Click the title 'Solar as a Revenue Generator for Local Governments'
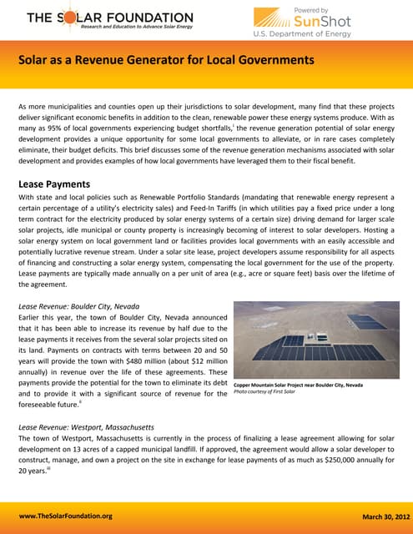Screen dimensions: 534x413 [x=166, y=60]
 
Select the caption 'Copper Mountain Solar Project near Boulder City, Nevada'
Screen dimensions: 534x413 [x=298, y=385]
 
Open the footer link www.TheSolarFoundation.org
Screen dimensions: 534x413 [x=65, y=516]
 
